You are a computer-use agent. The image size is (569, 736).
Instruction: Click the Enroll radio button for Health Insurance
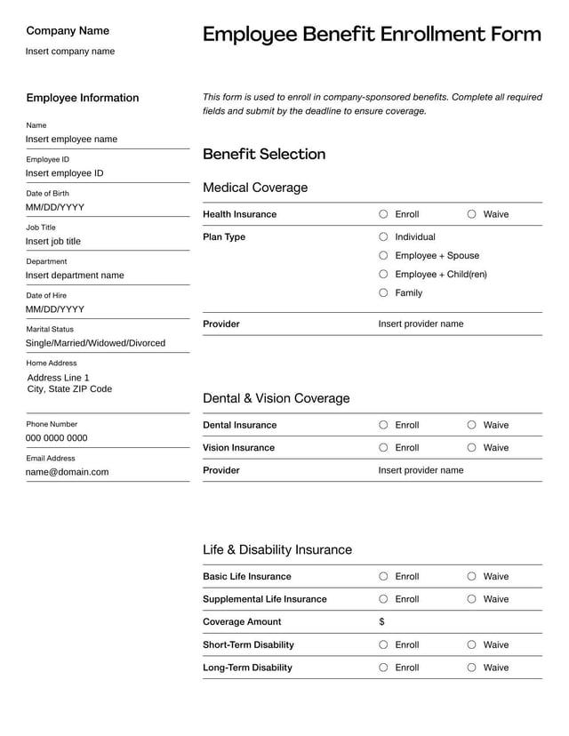[383, 214]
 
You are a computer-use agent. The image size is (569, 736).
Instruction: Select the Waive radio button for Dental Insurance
[472, 425]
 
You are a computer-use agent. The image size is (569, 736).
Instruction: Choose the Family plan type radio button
[383, 292]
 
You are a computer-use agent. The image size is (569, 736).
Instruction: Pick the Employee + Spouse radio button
[383, 256]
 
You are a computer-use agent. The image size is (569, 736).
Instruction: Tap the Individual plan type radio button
[383, 237]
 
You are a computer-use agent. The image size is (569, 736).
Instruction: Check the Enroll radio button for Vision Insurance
[383, 448]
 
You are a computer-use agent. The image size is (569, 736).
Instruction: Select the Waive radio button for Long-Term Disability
[472, 668]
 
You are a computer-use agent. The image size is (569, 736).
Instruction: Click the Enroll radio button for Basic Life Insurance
[383, 576]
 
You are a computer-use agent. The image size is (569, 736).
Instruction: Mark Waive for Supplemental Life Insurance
[472, 599]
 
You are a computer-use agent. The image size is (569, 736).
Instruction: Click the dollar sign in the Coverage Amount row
[382, 622]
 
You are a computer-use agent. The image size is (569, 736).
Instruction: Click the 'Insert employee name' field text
[71, 140]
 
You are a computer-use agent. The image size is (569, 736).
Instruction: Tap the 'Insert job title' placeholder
[53, 242]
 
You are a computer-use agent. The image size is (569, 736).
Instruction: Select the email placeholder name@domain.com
[67, 472]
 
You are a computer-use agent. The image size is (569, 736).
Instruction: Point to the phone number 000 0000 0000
[57, 438]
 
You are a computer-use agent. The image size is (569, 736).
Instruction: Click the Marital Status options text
[95, 343]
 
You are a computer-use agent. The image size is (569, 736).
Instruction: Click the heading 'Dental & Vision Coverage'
[276, 398]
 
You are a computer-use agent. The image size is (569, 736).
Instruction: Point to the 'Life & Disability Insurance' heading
[277, 549]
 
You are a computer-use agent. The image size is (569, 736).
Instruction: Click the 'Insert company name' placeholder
[70, 52]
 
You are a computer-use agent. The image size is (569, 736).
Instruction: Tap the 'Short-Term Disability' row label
[248, 644]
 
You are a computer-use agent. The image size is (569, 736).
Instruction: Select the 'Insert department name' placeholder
[75, 276]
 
